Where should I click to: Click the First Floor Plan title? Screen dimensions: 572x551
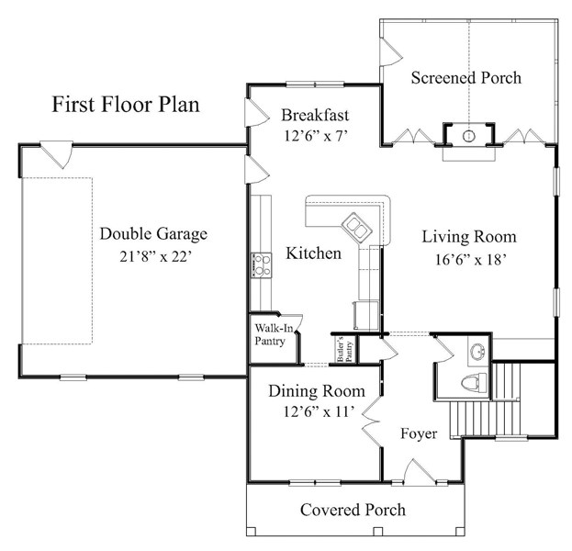coord(126,105)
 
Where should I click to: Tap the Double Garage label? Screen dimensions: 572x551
coord(153,234)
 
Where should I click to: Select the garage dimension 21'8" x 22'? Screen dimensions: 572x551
coord(156,256)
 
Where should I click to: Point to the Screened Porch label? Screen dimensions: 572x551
coord(466,77)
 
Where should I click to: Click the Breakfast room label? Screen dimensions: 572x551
coord(315,115)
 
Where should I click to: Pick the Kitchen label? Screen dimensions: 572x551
coord(313,253)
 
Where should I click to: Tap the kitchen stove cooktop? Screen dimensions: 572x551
coord(261,265)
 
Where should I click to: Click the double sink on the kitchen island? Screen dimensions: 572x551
coord(356,226)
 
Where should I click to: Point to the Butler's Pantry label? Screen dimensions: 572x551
coord(344,350)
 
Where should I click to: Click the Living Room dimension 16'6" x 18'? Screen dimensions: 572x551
coord(471,260)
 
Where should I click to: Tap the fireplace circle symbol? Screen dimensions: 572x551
coord(469,136)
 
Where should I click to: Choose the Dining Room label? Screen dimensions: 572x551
coord(317,391)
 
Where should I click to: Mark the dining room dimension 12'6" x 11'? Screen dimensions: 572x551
coord(320,411)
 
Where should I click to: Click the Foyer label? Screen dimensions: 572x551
coord(419,433)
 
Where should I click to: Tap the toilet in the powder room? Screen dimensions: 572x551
coord(474,383)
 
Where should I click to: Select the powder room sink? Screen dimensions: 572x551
coord(477,352)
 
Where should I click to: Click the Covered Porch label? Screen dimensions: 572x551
coord(353,510)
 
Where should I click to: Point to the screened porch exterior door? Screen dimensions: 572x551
coord(391,51)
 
